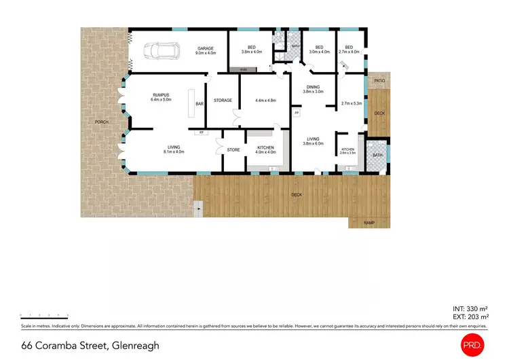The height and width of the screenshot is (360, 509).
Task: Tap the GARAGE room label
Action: click(206, 48)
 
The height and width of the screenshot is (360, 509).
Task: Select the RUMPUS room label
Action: click(161, 95)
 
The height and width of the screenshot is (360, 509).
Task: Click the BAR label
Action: click(200, 104)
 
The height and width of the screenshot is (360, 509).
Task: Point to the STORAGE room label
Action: click(223, 101)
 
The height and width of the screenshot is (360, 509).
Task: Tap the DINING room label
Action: click(313, 87)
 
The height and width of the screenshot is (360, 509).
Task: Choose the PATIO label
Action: click(379, 81)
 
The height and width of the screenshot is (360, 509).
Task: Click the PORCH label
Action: click(102, 122)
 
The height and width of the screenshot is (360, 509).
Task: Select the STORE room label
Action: click(233, 150)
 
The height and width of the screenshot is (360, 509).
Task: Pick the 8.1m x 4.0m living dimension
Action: click(174, 152)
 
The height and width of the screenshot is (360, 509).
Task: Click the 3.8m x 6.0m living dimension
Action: click(313, 143)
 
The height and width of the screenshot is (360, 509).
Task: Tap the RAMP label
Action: click(369, 223)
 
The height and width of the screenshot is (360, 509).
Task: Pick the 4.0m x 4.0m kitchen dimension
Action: click(265, 152)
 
